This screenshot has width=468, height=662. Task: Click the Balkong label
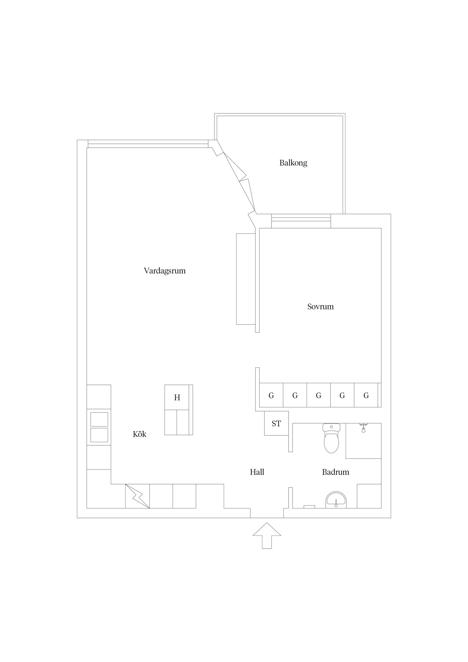click(x=293, y=163)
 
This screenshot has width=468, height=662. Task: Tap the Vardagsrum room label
click(x=164, y=271)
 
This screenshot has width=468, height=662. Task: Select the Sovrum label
click(x=320, y=306)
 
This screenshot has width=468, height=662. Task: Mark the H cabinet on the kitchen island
click(x=177, y=398)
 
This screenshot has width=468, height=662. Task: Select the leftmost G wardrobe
click(x=271, y=395)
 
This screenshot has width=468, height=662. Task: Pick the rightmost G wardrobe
click(x=366, y=395)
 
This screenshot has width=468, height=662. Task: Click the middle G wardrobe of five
click(x=318, y=395)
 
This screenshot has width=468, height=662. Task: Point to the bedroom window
click(x=301, y=221)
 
